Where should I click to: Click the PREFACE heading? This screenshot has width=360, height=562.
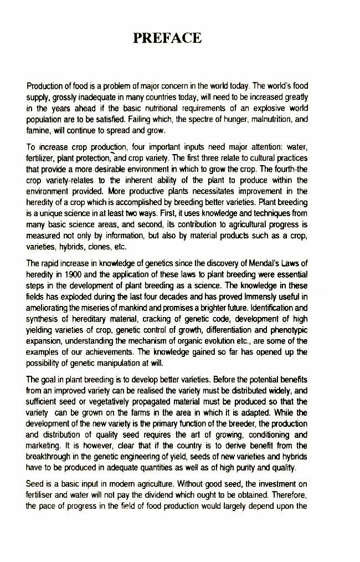pos(167,38)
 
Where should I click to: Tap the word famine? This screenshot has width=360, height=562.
pos(39,131)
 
